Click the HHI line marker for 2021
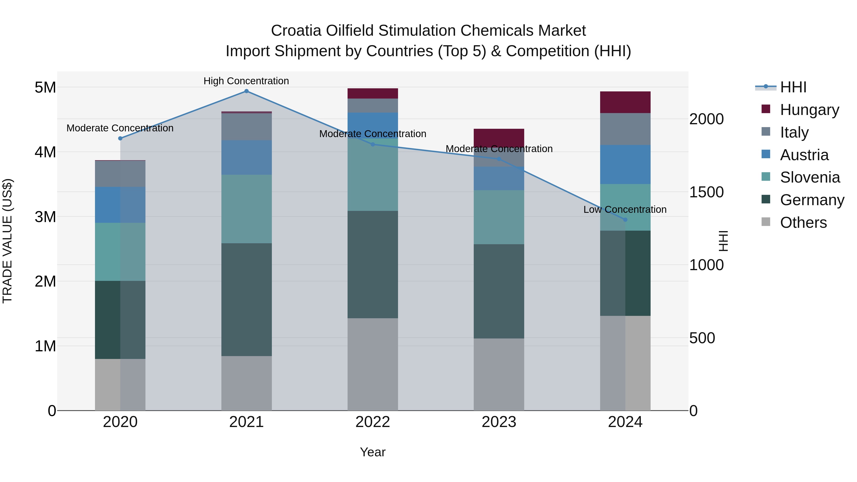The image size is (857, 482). point(246,91)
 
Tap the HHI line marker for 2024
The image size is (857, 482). point(625,219)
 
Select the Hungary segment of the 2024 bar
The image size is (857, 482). point(625,102)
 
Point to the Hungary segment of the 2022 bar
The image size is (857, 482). point(373,94)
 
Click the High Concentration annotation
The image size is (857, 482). point(246,81)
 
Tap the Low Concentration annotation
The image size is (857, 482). point(625,209)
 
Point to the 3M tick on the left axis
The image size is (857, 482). point(45,217)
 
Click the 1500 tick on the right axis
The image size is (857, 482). point(706,192)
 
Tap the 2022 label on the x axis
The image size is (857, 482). point(373,422)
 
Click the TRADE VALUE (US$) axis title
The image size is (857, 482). point(7,241)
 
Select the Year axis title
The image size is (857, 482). point(373,452)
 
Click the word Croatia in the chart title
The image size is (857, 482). point(296,31)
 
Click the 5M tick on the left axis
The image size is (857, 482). point(45,88)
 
